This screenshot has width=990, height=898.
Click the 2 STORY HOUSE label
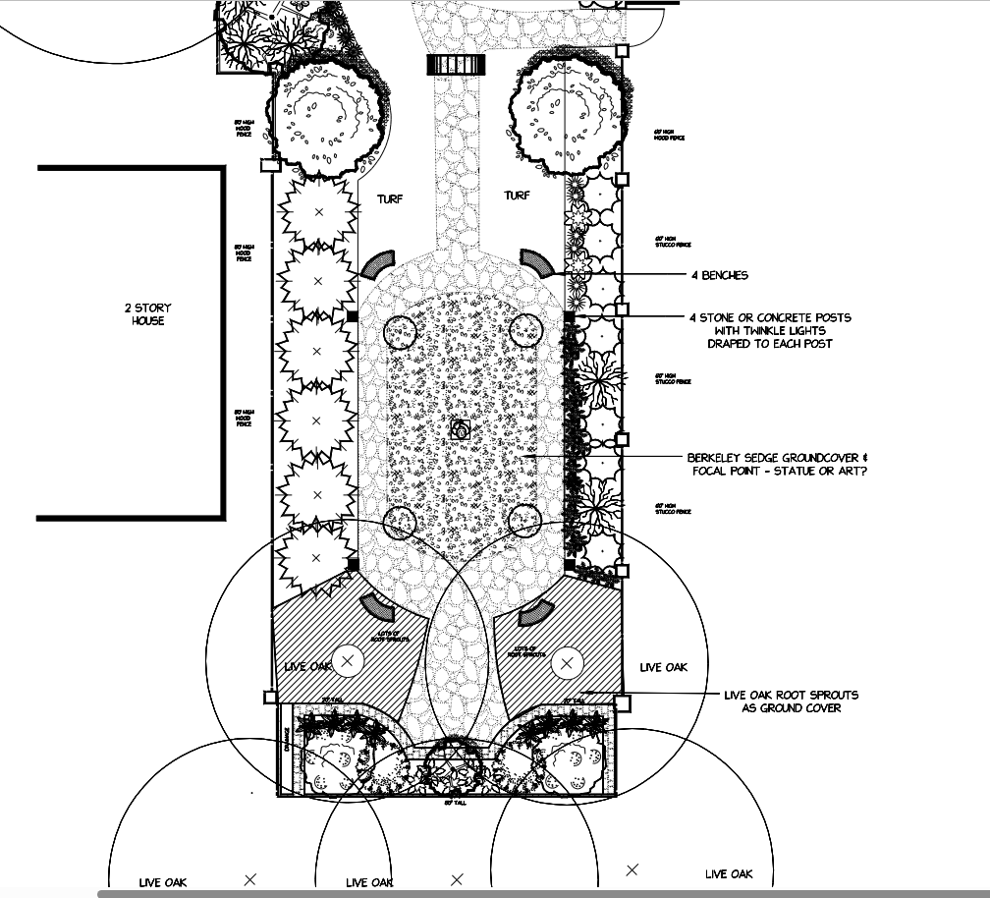[x=148, y=314]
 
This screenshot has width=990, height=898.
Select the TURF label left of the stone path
[x=390, y=199]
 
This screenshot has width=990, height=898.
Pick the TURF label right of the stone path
[x=517, y=196]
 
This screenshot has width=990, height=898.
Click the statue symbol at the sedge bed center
[x=459, y=428]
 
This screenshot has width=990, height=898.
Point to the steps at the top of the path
[x=458, y=65]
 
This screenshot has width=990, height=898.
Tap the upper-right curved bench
[x=537, y=261]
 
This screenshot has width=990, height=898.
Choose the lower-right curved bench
[x=536, y=611]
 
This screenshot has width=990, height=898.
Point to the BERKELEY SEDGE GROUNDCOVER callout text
[x=777, y=459]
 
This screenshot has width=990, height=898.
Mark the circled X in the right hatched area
[x=566, y=664]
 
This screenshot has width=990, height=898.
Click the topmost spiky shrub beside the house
[x=317, y=212]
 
